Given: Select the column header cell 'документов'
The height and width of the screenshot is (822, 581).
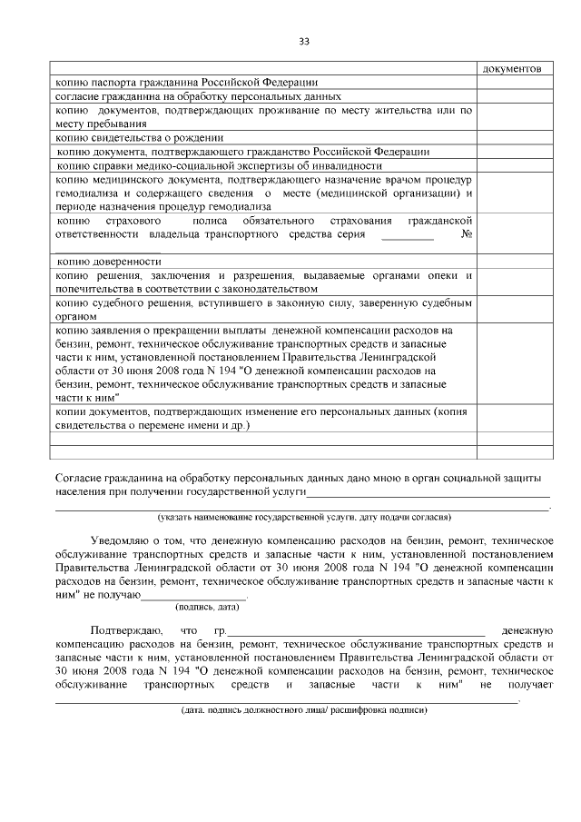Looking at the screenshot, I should (513, 69).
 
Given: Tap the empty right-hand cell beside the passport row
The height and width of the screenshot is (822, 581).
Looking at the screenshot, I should (513, 82).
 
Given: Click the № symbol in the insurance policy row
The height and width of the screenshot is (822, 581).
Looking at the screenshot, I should (467, 234).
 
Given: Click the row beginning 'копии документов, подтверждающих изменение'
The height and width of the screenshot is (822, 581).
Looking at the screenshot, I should (263, 418).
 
